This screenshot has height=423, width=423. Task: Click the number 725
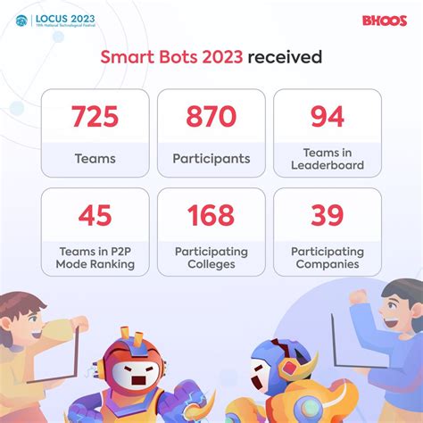click(x=95, y=117)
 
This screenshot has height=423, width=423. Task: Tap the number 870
click(x=211, y=117)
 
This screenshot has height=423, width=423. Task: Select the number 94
click(x=328, y=117)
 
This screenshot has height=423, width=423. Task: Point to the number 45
click(x=95, y=215)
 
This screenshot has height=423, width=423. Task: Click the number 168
click(x=211, y=215)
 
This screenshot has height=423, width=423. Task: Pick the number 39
click(x=328, y=215)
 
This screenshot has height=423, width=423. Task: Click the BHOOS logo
click(x=385, y=20)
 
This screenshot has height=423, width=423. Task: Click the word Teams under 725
click(x=95, y=159)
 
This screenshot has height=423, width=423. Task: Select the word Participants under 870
click(x=211, y=159)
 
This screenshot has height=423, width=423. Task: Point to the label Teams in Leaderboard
click(x=328, y=159)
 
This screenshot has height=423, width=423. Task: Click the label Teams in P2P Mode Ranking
click(x=95, y=258)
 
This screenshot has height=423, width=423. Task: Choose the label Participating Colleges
click(x=211, y=258)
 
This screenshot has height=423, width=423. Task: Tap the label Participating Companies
click(x=328, y=258)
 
